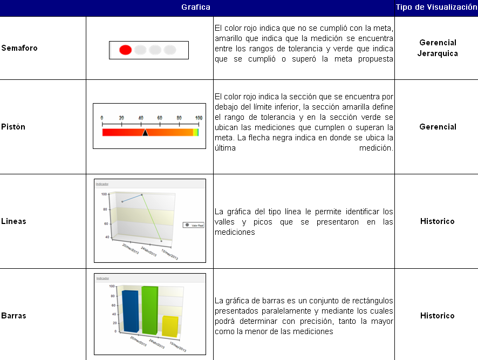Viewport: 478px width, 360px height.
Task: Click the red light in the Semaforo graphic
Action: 125,50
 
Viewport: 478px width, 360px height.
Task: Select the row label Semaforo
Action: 19,48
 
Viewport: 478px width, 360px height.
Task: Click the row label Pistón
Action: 13,127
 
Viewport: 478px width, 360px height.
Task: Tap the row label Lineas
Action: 14,221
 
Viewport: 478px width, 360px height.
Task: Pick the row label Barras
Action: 13,316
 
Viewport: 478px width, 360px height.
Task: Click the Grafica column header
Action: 196,8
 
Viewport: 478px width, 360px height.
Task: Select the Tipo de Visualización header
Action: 436,8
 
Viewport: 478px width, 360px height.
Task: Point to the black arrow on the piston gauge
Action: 145,132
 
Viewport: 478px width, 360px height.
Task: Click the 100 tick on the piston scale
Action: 199,118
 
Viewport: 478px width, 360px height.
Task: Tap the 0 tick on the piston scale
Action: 103,118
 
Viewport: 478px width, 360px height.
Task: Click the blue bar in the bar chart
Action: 130,310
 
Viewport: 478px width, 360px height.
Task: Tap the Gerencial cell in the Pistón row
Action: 438,127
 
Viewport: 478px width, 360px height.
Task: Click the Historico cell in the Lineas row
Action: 438,221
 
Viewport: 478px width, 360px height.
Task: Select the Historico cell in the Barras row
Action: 438,316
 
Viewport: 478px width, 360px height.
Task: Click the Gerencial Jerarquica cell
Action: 438,48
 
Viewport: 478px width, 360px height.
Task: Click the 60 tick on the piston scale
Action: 160,118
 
